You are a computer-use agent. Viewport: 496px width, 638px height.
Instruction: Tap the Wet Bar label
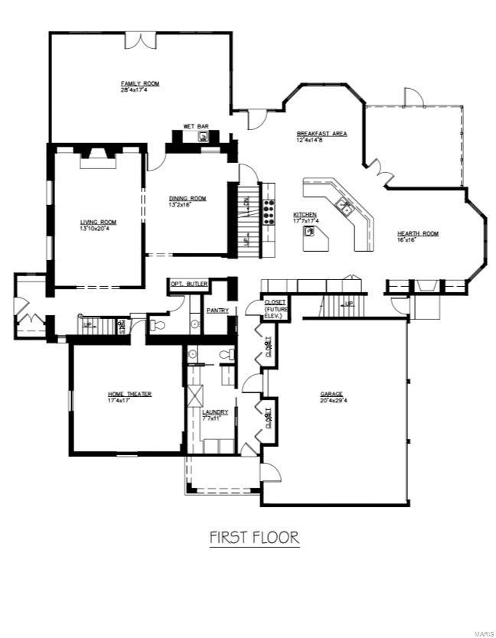[x=191, y=126]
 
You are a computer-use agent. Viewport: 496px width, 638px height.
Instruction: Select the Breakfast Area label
[x=321, y=134]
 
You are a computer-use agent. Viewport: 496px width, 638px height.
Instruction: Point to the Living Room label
[x=97, y=223]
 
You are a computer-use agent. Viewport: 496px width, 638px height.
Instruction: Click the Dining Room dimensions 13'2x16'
[x=188, y=205]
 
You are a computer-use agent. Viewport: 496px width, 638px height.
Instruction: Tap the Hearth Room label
[x=417, y=233]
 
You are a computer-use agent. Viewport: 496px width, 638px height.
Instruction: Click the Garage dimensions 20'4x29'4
[x=331, y=400]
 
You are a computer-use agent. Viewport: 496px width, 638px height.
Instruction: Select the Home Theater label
[x=129, y=394]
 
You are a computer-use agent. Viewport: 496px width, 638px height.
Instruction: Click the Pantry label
[x=218, y=310]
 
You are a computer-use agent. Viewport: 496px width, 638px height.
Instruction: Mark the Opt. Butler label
[x=187, y=283]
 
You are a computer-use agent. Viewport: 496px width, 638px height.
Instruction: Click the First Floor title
[x=254, y=538]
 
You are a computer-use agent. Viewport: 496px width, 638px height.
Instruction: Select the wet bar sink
[x=204, y=137]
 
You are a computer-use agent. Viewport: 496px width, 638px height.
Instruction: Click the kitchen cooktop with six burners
[x=269, y=210]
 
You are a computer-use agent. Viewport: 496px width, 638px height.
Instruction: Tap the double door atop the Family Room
[x=141, y=40]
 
